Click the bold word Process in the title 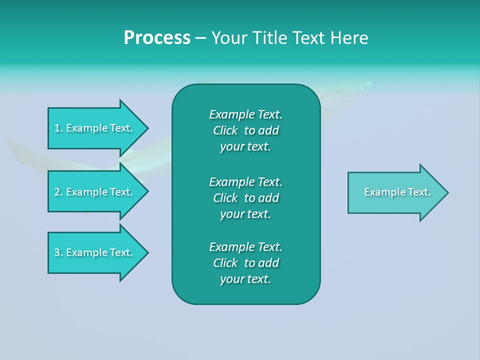157,38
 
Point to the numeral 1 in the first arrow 57,128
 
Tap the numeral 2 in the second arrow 57,192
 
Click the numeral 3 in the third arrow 57,252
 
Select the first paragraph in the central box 245,130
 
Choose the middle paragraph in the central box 245,197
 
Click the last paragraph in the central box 245,263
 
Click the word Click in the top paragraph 225,130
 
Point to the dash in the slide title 200,38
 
